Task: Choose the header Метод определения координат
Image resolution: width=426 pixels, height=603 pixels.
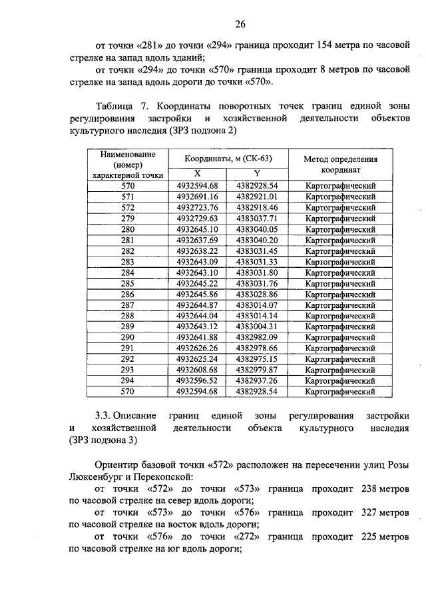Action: tap(340, 164)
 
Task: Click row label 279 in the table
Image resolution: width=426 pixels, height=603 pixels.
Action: tap(128, 219)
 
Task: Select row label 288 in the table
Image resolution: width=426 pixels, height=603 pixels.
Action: tap(128, 315)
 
